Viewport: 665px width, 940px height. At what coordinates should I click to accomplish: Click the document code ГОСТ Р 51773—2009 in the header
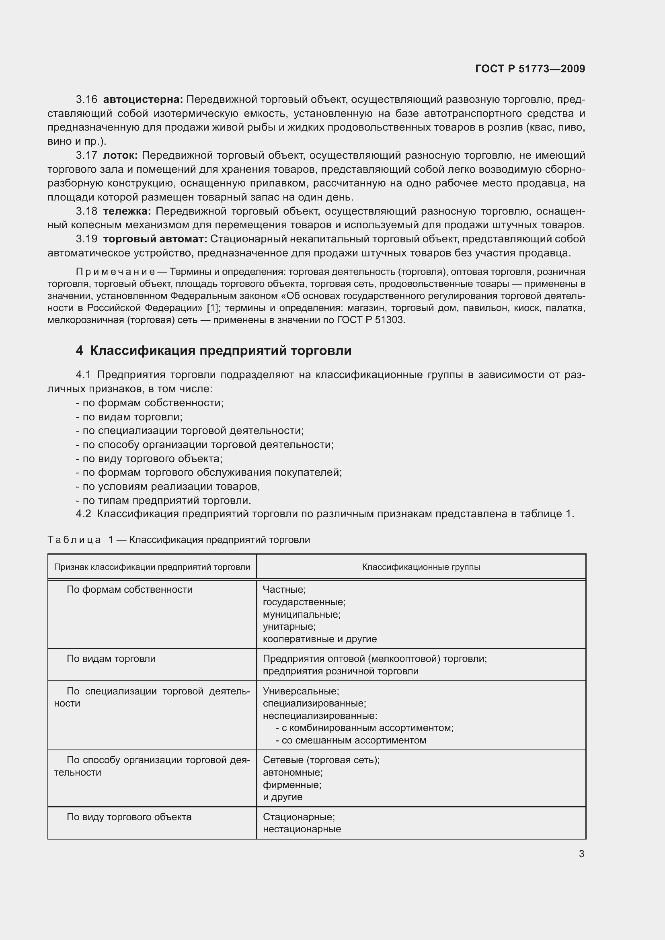click(x=530, y=69)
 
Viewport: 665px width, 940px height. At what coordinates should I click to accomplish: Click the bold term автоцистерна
click(x=143, y=100)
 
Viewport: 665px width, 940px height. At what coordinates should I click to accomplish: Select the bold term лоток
click(x=120, y=156)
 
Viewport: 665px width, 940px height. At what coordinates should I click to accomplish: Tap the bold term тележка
click(x=127, y=211)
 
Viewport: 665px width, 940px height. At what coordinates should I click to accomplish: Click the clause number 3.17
click(x=86, y=156)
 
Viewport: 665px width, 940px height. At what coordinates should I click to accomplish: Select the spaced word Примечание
click(x=115, y=272)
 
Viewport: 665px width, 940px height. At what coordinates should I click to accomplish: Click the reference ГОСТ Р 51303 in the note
click(x=371, y=320)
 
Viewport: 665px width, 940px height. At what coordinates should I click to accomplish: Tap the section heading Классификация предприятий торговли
click(x=220, y=351)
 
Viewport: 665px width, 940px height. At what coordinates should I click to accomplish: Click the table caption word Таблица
click(x=74, y=540)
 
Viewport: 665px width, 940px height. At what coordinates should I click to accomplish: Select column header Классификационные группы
click(x=421, y=567)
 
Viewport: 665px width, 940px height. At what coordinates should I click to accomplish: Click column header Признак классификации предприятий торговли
click(x=152, y=567)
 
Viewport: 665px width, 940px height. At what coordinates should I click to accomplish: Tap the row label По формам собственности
click(x=129, y=590)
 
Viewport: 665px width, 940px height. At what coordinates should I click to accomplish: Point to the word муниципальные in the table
click(x=302, y=614)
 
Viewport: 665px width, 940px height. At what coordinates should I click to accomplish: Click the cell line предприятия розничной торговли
click(x=340, y=671)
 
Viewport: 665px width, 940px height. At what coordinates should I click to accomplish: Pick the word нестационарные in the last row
click(x=302, y=829)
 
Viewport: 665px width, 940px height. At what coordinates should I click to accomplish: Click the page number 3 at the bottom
click(x=581, y=854)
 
